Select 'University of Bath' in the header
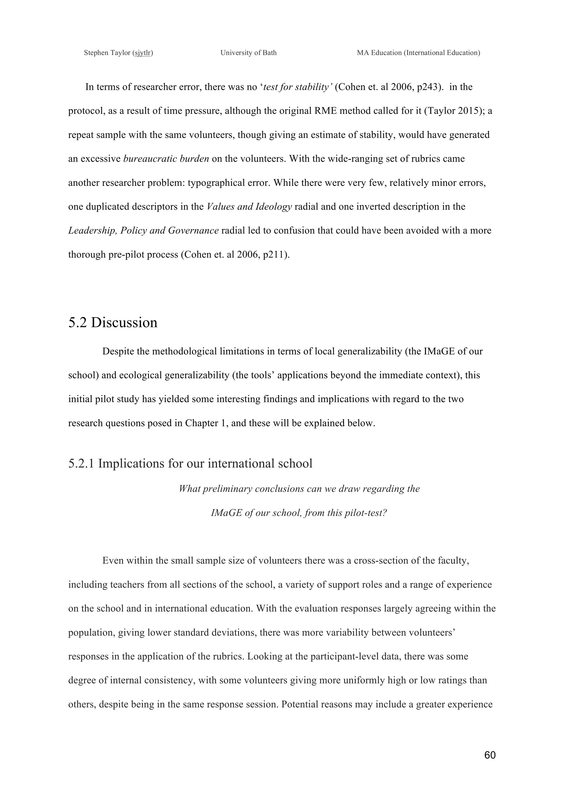(248, 53)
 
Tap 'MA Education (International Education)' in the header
(418, 53)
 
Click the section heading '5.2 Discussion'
(113, 323)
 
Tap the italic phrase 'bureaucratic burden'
(166, 159)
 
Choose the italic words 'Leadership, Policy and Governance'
(143, 231)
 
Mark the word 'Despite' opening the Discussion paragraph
(118, 352)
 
